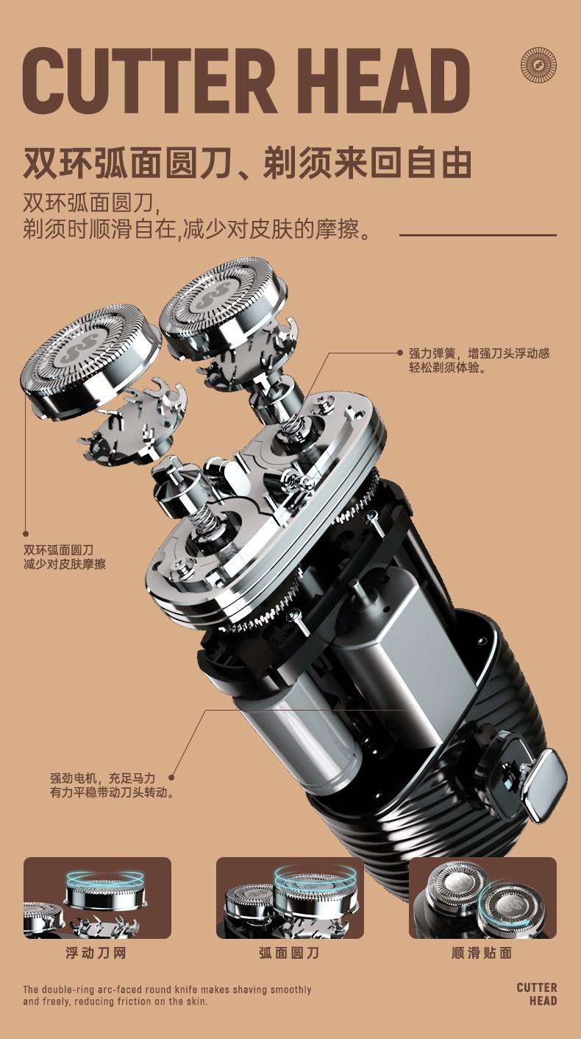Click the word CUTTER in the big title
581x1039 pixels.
(x=148, y=81)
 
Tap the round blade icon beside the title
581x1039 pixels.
(x=538, y=66)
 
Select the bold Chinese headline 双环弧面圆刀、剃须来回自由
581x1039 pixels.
(x=247, y=163)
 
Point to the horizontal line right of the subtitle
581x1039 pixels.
(x=478, y=235)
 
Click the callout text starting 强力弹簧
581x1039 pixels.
(x=479, y=360)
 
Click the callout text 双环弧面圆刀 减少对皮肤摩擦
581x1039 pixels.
(x=65, y=557)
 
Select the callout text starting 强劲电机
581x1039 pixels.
(x=112, y=785)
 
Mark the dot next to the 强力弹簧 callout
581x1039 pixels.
(x=400, y=353)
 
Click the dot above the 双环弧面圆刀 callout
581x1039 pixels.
(x=26, y=534)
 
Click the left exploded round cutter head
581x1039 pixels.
(x=90, y=359)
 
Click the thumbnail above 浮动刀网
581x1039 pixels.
(x=97, y=898)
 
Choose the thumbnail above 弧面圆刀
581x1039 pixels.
(x=290, y=898)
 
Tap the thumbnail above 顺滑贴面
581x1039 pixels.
(x=482, y=898)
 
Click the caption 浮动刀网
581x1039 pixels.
(x=96, y=953)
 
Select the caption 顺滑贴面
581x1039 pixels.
(x=482, y=953)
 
